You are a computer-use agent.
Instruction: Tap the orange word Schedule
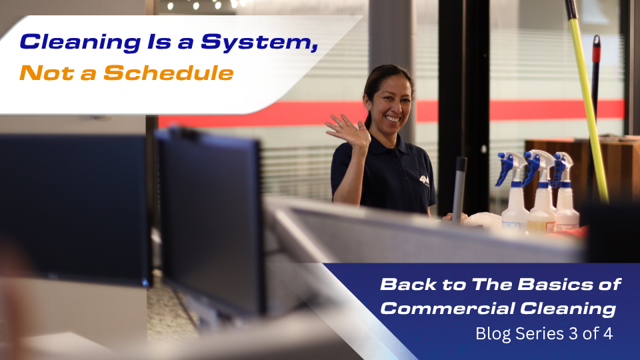point(169,73)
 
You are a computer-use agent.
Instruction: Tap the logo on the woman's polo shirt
point(423,178)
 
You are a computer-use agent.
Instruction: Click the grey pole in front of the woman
point(459,187)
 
